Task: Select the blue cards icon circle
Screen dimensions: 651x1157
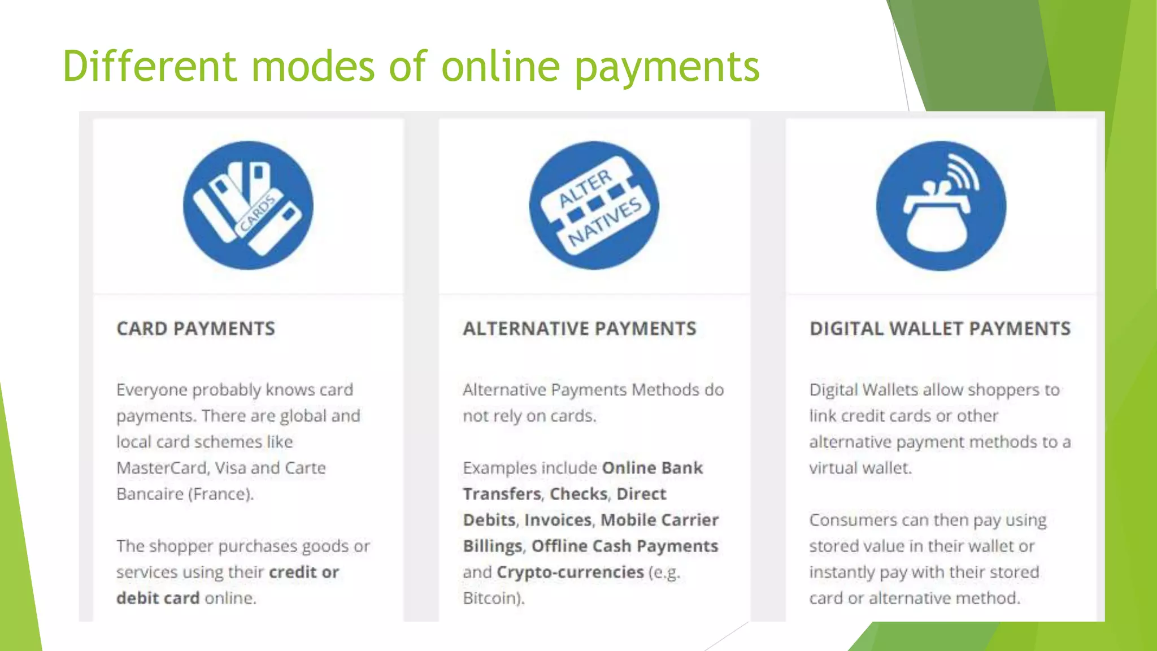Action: coord(248,205)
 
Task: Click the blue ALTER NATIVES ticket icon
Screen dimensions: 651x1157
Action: coord(594,205)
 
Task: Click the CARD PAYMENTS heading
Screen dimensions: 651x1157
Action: coord(195,328)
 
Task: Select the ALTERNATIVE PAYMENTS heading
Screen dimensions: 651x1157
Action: coord(579,328)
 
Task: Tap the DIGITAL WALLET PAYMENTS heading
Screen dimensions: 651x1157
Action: coord(939,328)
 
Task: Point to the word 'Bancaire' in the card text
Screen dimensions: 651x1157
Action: coord(150,494)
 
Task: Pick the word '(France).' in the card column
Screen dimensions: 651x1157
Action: coord(221,494)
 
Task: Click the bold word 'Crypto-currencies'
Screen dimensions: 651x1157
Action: coord(570,572)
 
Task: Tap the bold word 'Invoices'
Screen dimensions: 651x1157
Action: coord(558,520)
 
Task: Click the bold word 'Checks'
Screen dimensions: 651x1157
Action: coord(578,494)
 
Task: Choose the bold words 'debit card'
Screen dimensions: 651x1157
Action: coord(158,598)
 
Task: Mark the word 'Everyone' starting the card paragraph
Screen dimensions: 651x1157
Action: coord(151,390)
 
